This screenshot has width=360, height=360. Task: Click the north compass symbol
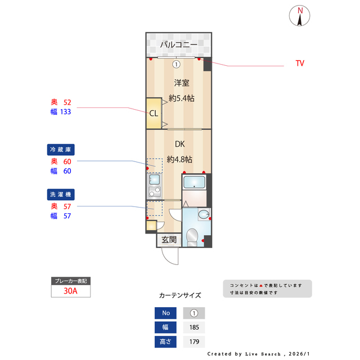point(300,16)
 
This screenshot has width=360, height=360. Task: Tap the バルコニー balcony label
point(178,44)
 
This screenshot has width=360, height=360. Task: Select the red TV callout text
point(300,64)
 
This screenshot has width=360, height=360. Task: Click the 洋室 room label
point(181,83)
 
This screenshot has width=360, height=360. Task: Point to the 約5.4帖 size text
point(182,98)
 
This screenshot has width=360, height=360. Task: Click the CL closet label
point(154,112)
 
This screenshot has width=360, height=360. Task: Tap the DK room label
point(180,145)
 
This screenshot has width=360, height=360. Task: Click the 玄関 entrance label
point(169,240)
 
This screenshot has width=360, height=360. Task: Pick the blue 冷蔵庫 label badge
point(61,150)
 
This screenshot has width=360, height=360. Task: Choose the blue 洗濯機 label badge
point(61,194)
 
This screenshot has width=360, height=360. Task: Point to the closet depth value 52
point(67,102)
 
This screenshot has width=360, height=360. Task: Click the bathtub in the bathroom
point(195,182)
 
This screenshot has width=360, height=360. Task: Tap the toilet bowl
point(192,237)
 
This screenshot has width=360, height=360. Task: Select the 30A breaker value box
point(70,291)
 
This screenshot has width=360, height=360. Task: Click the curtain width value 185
point(194,327)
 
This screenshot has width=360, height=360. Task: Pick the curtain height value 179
point(194,341)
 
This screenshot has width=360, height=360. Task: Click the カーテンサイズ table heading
point(180,295)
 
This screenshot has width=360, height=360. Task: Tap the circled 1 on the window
point(176,64)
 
